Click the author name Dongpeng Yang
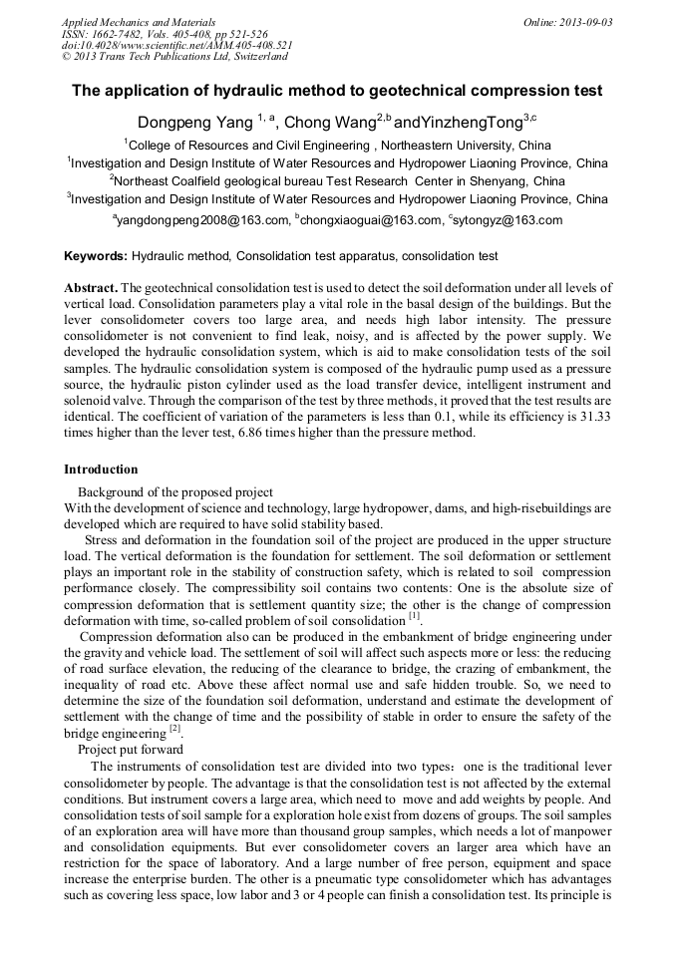195,123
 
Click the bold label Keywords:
96,256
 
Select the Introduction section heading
101,470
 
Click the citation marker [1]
414,616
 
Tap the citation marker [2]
174,728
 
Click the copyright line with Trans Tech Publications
174,58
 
